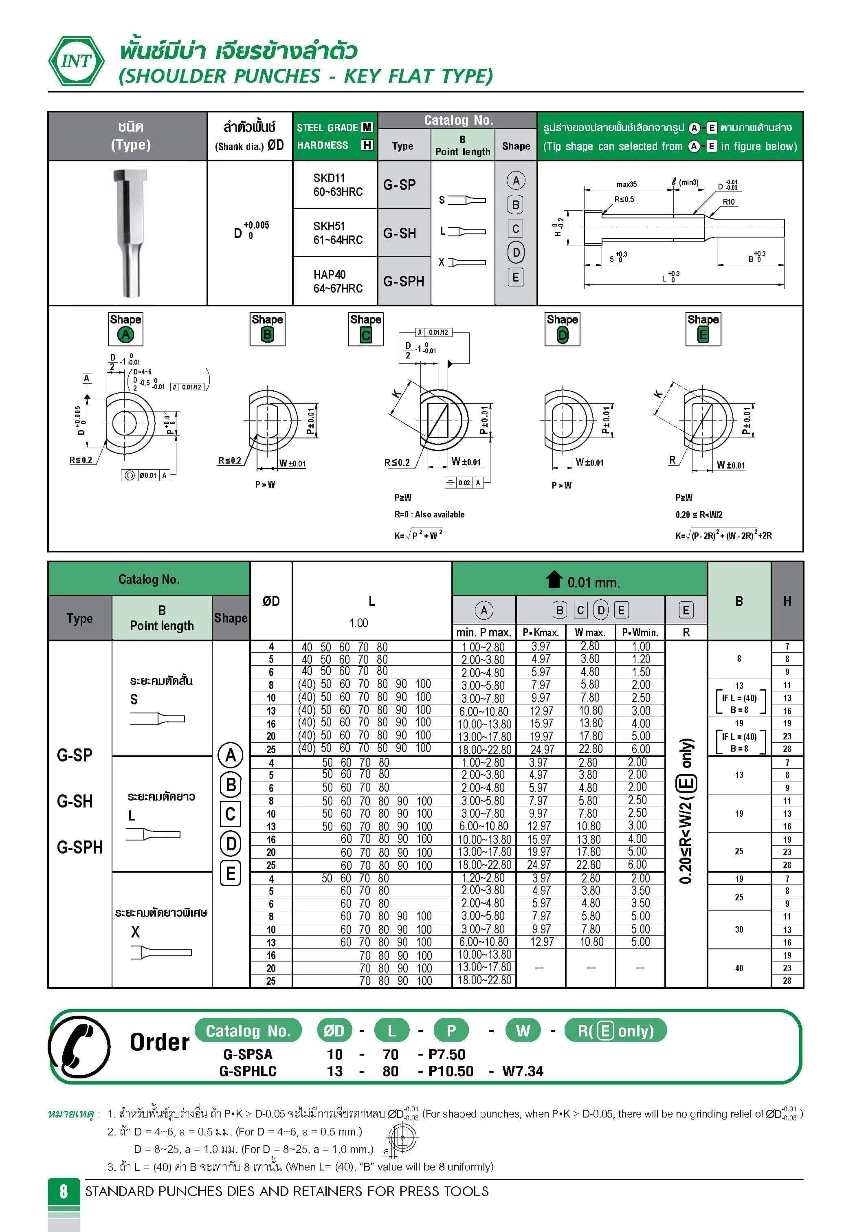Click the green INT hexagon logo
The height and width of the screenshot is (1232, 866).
[x=77, y=61]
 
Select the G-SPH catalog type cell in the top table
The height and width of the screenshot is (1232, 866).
[x=404, y=281]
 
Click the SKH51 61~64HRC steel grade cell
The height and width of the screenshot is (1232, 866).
[x=338, y=233]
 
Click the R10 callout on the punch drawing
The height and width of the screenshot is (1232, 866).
[x=729, y=202]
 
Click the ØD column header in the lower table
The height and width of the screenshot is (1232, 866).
[x=271, y=601]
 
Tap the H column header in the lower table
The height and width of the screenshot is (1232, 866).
[x=787, y=601]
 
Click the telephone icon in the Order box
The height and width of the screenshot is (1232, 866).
[x=79, y=1047]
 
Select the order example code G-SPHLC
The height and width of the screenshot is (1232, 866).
[x=248, y=1071]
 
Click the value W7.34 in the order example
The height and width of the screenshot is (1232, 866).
[x=523, y=1071]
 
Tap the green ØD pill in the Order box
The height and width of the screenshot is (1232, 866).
[x=334, y=1030]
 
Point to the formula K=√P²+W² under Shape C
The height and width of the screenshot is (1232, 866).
[x=418, y=535]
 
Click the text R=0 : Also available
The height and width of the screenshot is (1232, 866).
[x=429, y=514]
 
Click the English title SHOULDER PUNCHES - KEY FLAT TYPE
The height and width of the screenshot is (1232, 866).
[x=306, y=76]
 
